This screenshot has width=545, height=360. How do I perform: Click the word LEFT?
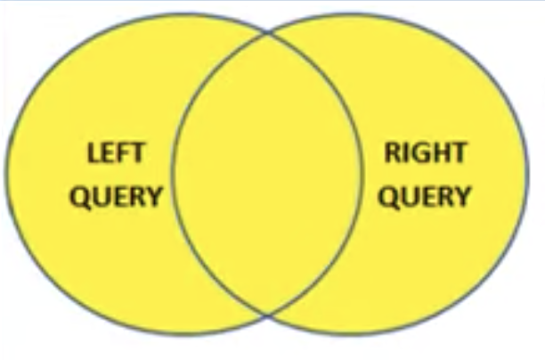coord(115,153)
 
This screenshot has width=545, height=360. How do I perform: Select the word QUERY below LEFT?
coord(116,196)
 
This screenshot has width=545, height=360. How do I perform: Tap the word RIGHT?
coord(425,153)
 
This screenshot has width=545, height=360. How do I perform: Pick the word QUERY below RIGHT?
coord(424,196)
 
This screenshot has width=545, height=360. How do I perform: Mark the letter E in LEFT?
coord(108,153)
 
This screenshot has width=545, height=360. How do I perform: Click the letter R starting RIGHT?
coord(393,153)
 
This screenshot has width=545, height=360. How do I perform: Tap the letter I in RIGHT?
coord(405,153)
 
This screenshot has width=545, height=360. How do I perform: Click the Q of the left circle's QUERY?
coord(78,197)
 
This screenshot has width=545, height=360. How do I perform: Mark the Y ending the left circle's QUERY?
coord(154,196)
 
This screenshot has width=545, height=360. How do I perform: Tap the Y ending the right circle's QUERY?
coord(462,196)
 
